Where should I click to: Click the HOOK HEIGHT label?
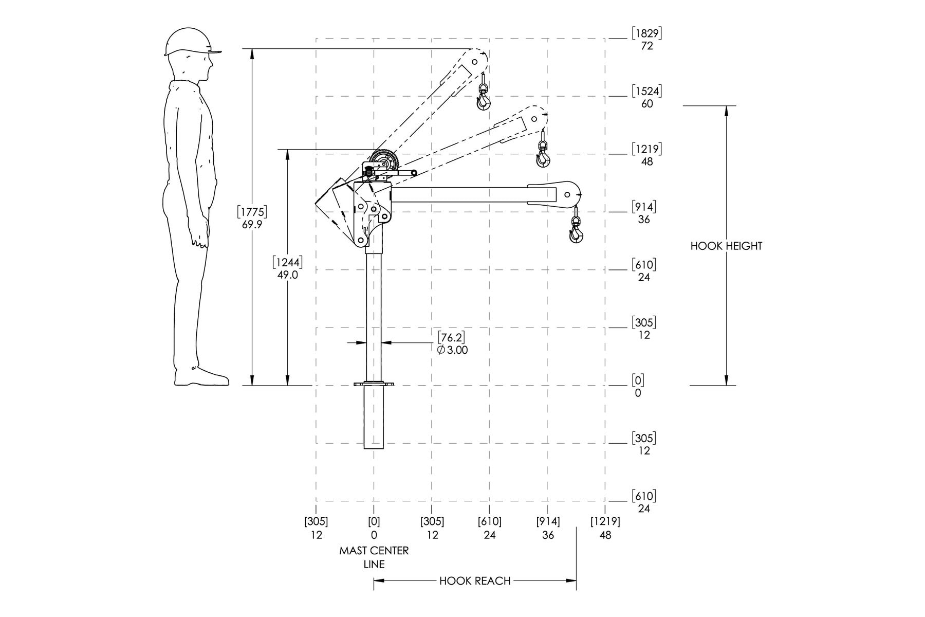click(x=726, y=246)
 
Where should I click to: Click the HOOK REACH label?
click(x=475, y=581)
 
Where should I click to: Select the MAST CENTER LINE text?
click(x=374, y=557)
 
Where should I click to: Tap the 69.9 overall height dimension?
click(x=252, y=218)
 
